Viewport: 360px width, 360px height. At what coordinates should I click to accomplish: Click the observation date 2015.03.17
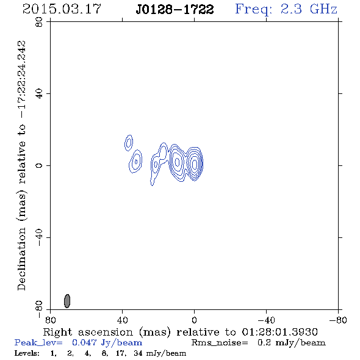(62, 9)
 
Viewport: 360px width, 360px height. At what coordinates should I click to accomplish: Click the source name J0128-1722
(175, 9)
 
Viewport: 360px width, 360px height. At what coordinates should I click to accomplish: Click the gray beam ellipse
(67, 301)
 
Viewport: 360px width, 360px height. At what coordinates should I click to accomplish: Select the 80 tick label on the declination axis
(39, 22)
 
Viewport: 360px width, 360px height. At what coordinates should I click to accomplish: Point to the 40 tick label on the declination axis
(39, 94)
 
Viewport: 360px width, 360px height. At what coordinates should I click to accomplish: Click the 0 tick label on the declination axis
(39, 165)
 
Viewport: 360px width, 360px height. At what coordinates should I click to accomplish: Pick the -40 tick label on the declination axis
(39, 237)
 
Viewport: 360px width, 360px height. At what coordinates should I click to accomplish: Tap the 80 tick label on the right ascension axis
(50, 320)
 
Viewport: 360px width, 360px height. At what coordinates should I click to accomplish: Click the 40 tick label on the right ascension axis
(122, 320)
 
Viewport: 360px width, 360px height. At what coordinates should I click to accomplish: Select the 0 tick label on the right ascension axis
(194, 320)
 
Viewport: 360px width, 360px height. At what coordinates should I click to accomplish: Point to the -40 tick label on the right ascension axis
(266, 320)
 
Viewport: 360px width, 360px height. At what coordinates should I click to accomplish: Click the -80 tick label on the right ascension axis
(338, 320)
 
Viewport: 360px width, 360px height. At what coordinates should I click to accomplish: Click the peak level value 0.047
(84, 342)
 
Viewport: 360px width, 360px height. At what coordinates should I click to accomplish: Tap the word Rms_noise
(220, 343)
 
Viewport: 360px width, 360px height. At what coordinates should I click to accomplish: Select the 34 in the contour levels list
(138, 353)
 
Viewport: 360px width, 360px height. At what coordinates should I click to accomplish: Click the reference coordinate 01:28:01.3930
(279, 332)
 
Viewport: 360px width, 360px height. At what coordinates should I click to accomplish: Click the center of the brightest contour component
(195, 164)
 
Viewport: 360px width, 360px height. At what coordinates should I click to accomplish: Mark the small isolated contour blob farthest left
(129, 143)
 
